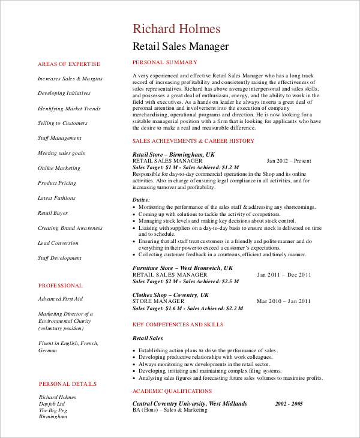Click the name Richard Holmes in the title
176,29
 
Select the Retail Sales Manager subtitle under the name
180,46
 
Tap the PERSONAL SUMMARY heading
164,62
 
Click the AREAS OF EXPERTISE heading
69,64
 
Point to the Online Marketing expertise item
59,168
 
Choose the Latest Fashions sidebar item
56,198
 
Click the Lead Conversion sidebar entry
58,243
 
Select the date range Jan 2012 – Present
289,161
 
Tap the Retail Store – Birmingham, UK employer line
173,154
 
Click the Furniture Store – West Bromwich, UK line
182,268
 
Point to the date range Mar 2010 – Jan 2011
284,301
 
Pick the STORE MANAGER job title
158,301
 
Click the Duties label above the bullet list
141,200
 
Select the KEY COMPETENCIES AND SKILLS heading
177,325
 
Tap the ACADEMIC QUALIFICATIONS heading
172,391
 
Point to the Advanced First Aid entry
60,299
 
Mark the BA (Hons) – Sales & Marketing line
170,410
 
